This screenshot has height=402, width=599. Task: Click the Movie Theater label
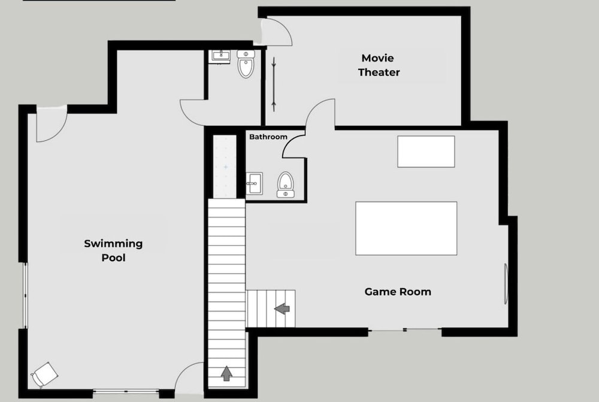(x=379, y=65)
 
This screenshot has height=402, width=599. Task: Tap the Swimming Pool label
(x=113, y=250)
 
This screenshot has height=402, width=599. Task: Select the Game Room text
(x=398, y=292)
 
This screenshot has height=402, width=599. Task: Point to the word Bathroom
(x=268, y=137)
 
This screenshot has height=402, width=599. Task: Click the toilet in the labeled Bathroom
(x=285, y=185)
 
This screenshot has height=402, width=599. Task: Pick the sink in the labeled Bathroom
(x=254, y=183)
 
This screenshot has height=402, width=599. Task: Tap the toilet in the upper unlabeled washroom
(x=246, y=64)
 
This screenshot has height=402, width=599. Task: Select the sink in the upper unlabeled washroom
(x=221, y=56)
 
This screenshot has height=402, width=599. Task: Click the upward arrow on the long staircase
(x=226, y=373)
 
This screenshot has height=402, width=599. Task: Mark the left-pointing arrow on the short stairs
(x=282, y=309)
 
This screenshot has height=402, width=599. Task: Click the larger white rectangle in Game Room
(x=406, y=228)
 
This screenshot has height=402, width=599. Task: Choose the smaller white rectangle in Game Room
(x=426, y=152)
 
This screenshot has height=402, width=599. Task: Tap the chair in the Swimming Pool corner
(x=44, y=374)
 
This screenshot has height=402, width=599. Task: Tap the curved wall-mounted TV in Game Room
(x=506, y=284)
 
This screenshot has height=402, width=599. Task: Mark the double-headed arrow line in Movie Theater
(x=274, y=84)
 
